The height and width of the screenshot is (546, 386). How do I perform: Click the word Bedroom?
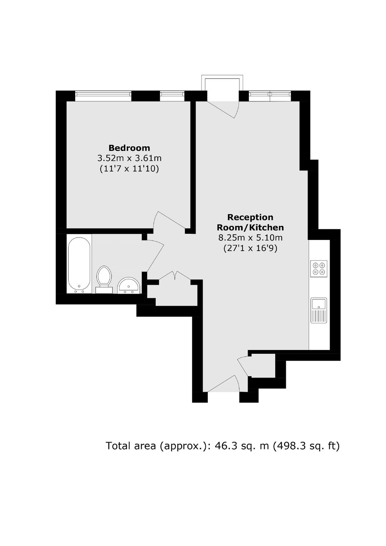pyautogui.click(x=129, y=148)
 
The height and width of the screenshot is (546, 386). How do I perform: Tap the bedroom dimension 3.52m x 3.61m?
pyautogui.click(x=129, y=159)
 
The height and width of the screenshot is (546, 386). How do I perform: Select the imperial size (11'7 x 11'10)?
pyautogui.click(x=129, y=169)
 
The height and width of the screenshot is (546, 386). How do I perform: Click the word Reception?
pyautogui.click(x=250, y=217)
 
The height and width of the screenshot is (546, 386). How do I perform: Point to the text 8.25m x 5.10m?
pyautogui.click(x=250, y=237)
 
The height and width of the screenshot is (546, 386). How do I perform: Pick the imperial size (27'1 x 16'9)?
pyautogui.click(x=250, y=248)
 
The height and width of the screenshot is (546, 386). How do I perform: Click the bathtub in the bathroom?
pyautogui.click(x=79, y=265)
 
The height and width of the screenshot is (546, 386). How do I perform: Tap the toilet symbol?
pyautogui.click(x=104, y=280)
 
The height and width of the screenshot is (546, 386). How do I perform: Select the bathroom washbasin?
pyautogui.click(x=129, y=286)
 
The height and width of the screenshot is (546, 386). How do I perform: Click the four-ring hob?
pyautogui.click(x=319, y=268)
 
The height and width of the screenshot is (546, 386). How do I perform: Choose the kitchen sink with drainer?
pyautogui.click(x=319, y=310)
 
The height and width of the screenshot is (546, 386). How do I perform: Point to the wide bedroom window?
pyautogui.click(x=103, y=96)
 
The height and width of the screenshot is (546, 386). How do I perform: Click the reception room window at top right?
pyautogui.click(x=270, y=96)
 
